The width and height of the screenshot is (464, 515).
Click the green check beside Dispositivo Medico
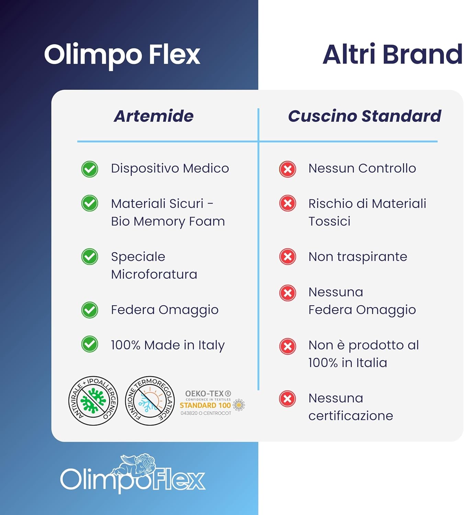[x=90, y=169]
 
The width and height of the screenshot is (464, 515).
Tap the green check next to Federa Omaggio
[x=90, y=310]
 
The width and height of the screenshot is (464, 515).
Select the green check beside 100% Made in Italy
[x=90, y=344]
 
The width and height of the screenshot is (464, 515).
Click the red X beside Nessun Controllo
[x=287, y=169]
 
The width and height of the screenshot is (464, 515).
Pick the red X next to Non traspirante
[x=287, y=257]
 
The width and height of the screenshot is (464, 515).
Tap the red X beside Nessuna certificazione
[x=287, y=399]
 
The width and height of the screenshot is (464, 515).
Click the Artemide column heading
[x=154, y=116]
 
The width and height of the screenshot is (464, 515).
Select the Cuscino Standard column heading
[x=364, y=116]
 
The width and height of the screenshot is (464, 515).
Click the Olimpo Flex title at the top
[x=122, y=55]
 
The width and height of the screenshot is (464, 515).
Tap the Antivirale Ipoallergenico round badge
[x=93, y=401]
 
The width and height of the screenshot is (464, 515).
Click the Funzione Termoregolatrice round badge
[x=150, y=401]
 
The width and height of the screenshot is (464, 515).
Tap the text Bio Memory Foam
[x=168, y=221]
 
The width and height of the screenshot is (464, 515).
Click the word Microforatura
[x=154, y=274]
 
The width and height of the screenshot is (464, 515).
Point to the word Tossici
[x=329, y=221]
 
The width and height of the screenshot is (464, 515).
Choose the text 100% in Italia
[x=347, y=363]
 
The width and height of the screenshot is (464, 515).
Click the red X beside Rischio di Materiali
[x=287, y=203]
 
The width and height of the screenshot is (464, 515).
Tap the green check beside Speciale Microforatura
[x=90, y=257]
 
